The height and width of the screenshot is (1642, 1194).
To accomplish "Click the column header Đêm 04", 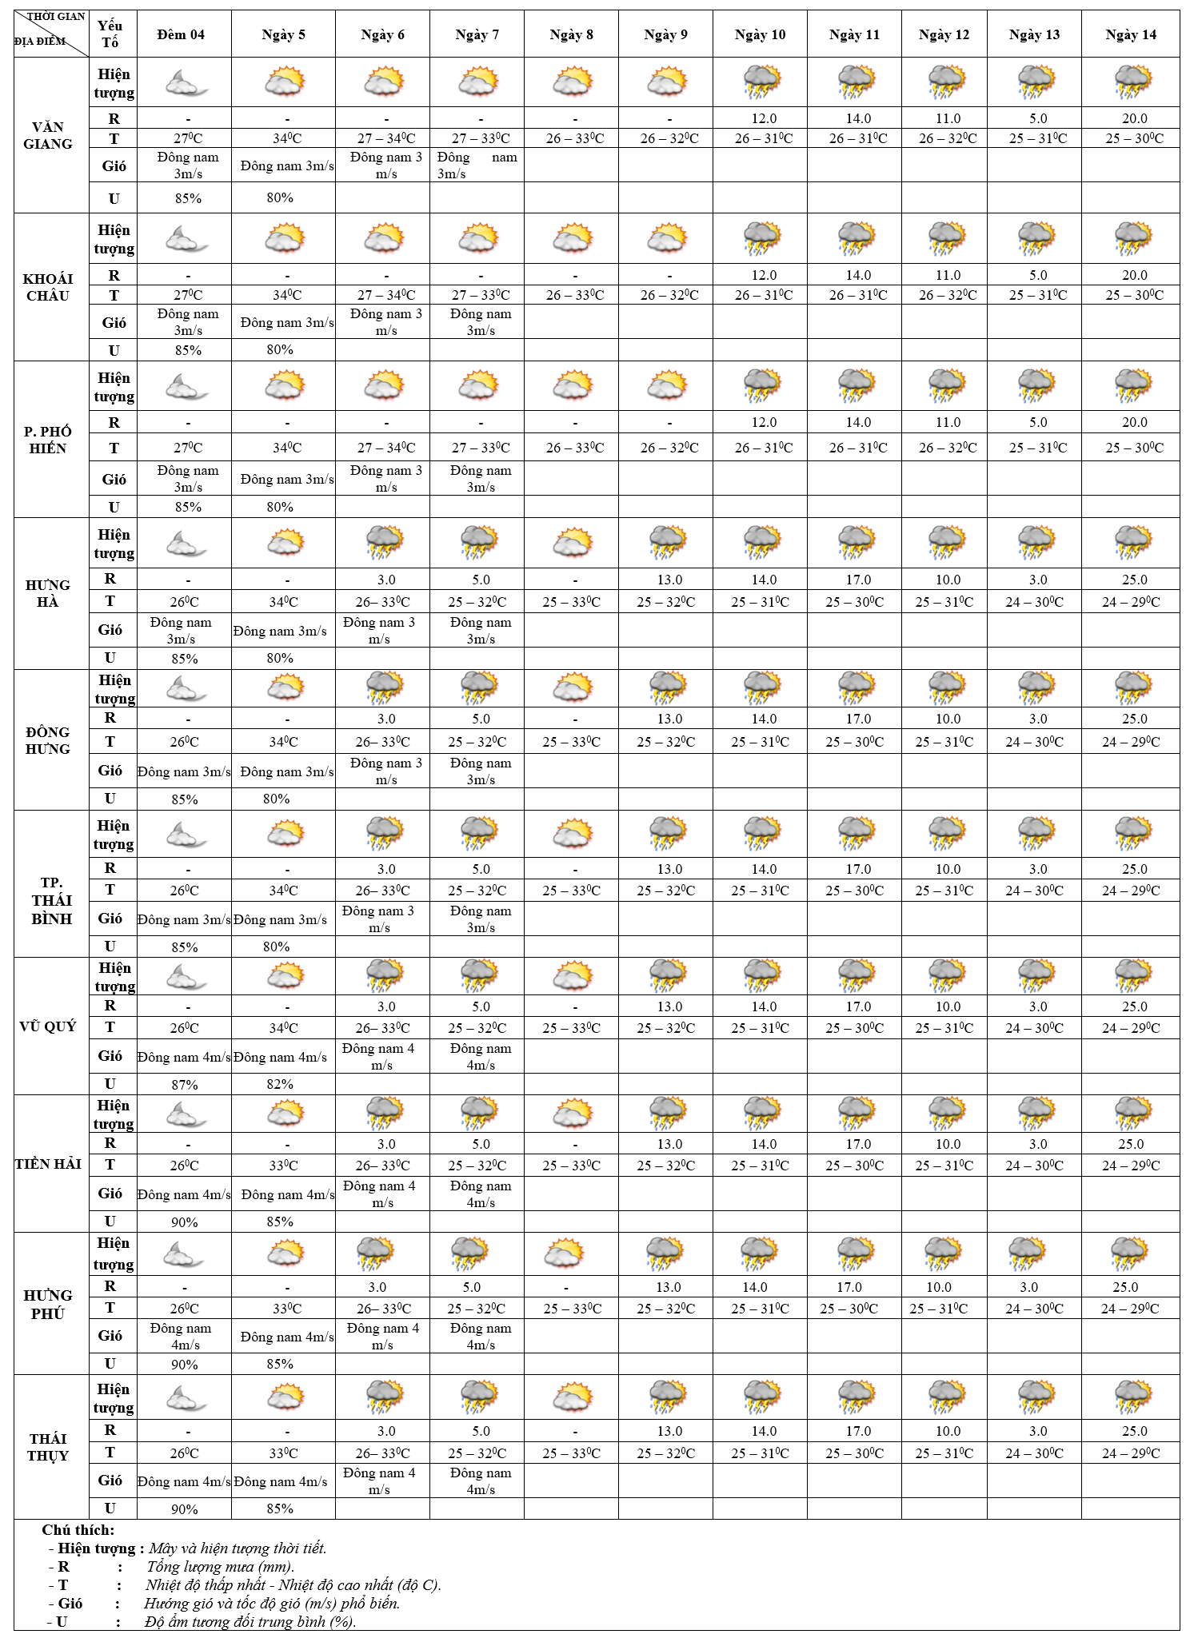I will coord(181,34).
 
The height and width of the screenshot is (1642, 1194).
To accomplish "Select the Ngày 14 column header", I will coord(1131,34).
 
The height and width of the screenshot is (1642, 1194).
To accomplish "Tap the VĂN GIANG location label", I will coord(48,135).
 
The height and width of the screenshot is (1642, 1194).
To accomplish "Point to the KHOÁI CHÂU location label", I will coord(48,287).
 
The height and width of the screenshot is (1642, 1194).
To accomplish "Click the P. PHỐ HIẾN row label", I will coord(48,440).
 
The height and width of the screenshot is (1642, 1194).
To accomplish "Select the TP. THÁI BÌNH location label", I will coord(52,900).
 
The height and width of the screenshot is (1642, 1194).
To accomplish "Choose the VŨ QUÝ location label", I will coord(48,1026).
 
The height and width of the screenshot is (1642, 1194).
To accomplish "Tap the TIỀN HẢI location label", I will coord(48,1164).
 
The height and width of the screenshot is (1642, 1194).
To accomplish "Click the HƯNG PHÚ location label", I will coord(48,1304).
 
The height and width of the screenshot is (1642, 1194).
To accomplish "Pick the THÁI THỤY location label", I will coord(48,1447).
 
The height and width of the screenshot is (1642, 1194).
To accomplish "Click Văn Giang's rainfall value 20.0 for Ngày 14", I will coord(1134,118).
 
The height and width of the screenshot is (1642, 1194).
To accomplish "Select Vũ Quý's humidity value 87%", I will coord(185,1084).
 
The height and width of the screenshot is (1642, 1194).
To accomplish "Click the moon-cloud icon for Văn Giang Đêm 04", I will coord(186,82).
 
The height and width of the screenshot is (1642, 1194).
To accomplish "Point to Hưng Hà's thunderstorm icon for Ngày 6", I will coord(385,542).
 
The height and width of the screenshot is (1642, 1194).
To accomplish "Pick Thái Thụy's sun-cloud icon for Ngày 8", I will coord(573,1397).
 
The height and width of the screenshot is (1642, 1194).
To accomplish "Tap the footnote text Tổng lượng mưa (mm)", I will coord(221,1566).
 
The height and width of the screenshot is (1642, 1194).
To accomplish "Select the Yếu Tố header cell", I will coord(110,34).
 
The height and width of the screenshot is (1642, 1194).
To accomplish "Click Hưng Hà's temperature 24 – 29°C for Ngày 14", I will coord(1131,602).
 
